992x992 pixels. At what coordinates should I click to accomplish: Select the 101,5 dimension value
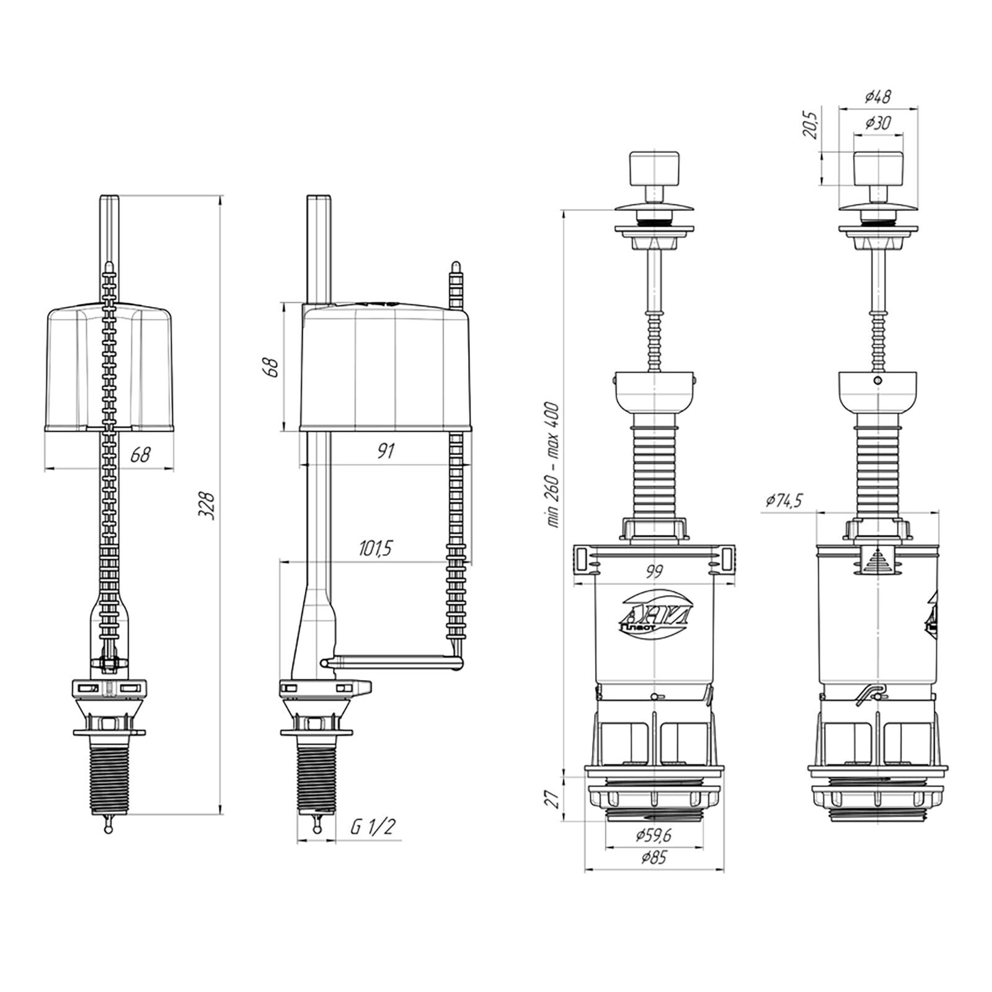(x=378, y=548)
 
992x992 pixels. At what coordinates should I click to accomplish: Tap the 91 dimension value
(x=386, y=451)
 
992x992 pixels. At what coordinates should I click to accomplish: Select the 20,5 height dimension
(x=813, y=124)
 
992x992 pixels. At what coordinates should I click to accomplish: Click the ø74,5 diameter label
(x=784, y=500)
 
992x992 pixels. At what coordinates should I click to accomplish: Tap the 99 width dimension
(x=653, y=572)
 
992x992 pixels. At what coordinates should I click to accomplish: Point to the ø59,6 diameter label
(x=653, y=836)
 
